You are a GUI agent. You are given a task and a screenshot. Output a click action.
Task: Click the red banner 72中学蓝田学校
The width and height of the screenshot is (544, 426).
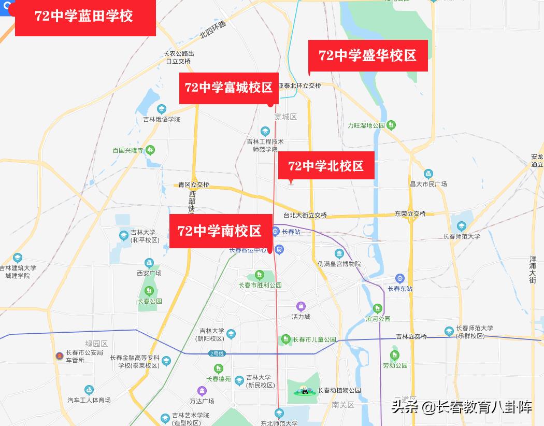point(85,17)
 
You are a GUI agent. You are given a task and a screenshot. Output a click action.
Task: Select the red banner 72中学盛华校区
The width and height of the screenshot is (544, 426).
point(368,55)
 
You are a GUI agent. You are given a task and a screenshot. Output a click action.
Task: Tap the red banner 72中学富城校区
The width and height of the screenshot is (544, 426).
point(229,88)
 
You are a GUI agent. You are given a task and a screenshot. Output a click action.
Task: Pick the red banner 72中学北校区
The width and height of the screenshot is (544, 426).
point(326,166)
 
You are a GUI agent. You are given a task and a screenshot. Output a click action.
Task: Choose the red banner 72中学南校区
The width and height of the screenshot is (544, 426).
point(221,231)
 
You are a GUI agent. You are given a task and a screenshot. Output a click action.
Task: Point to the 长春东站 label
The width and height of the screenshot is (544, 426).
point(400,289)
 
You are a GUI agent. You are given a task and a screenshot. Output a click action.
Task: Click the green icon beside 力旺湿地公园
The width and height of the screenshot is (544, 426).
point(392,125)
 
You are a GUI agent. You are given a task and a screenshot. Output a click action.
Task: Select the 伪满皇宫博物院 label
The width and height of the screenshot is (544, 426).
point(339,264)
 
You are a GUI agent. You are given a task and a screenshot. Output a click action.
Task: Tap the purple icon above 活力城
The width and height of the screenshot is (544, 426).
point(300,307)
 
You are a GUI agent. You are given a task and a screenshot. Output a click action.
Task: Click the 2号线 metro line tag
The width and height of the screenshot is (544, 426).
point(217,353)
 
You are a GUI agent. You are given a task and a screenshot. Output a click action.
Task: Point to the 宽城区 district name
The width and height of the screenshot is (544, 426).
point(286,117)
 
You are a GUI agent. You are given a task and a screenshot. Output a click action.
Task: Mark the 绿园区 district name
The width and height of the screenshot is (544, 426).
point(96,344)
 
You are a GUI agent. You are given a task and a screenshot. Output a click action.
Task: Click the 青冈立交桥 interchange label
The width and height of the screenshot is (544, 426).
point(194,184)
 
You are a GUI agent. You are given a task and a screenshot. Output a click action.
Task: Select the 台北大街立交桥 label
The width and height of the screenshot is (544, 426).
point(305,215)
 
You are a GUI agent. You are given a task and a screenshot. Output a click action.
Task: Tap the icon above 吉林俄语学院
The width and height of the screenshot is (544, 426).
point(162,109)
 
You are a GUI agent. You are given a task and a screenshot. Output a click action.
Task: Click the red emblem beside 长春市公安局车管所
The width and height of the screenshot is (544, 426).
point(60,356)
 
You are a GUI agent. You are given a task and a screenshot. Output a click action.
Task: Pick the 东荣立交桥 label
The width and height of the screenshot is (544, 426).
point(410,214)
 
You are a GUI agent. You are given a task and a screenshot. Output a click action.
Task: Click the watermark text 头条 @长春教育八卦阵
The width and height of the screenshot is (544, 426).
point(461,407)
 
